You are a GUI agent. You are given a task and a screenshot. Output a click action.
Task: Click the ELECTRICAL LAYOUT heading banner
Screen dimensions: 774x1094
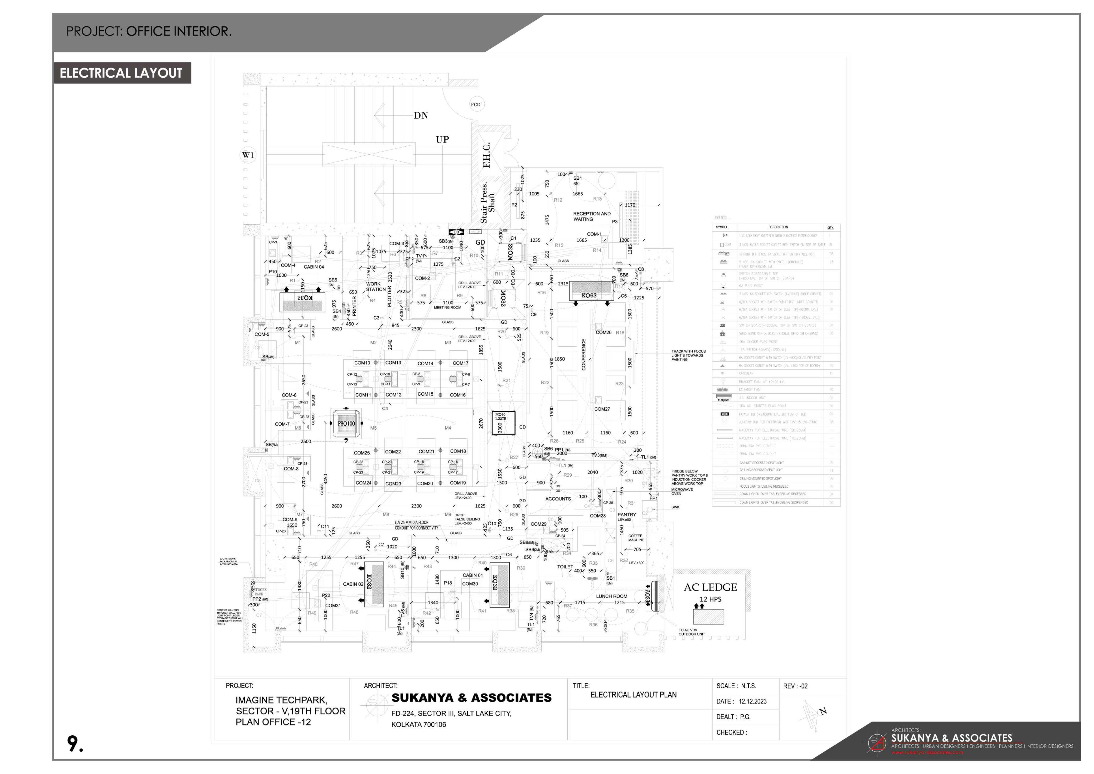122,73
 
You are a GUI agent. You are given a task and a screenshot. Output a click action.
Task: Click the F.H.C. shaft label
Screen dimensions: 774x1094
486,155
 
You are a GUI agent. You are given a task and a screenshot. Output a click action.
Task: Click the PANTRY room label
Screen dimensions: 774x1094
626,515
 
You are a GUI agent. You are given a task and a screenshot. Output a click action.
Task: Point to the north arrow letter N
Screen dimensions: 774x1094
823,712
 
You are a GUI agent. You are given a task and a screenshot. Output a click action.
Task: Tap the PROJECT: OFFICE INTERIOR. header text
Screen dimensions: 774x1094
149,32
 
